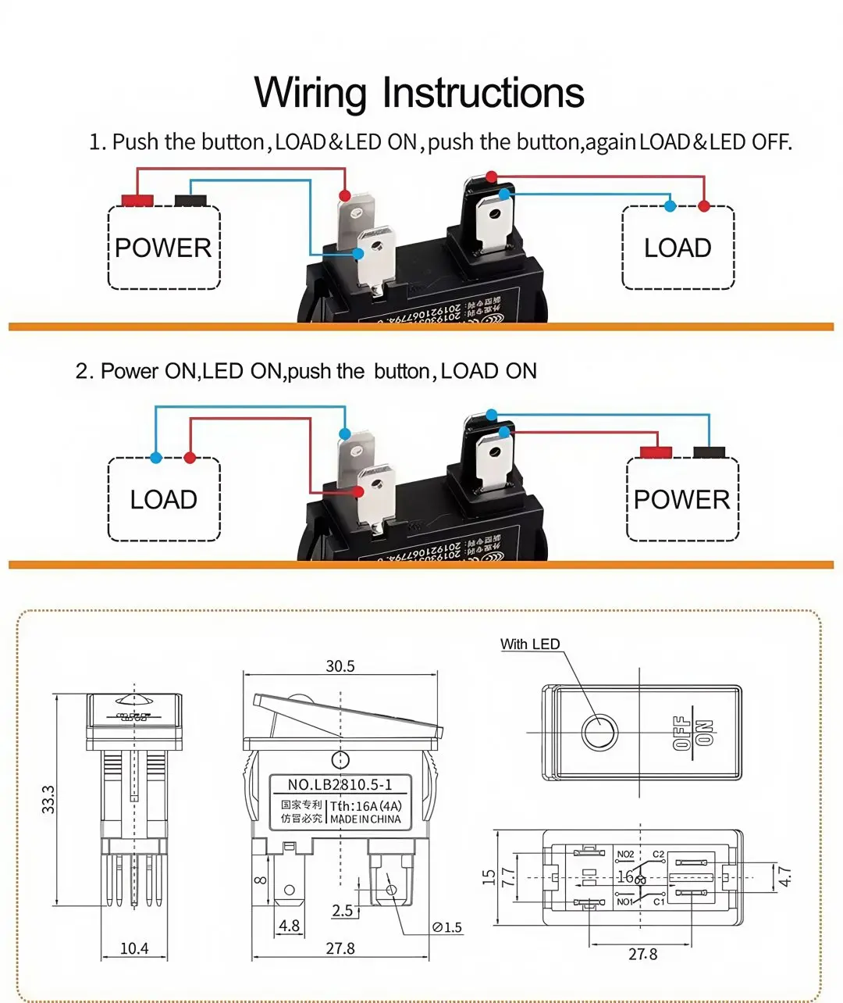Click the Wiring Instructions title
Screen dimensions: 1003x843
tap(419, 92)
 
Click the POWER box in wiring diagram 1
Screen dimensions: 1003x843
tap(163, 248)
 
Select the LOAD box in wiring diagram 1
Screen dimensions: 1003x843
tap(678, 248)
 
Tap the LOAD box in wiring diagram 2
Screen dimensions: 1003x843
tap(163, 499)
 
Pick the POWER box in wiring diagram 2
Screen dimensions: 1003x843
tap(681, 499)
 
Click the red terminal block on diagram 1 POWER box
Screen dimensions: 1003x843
tap(137, 200)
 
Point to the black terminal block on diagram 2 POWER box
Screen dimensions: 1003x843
tap(709, 452)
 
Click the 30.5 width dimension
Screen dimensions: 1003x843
tap(340, 666)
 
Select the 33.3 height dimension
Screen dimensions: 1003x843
tap(48, 799)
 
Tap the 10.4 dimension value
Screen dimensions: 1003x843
tap(133, 948)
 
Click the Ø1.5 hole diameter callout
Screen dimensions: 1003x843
tap(447, 927)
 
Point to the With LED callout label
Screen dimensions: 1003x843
tap(530, 644)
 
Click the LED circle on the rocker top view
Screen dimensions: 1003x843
tap(599, 733)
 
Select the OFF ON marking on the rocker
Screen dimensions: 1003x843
tap(692, 733)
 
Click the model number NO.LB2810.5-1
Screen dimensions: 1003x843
tap(340, 785)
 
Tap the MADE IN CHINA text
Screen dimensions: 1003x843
tap(365, 819)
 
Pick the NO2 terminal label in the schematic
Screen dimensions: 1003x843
tap(625, 855)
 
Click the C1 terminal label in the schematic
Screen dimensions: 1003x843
tap(658, 901)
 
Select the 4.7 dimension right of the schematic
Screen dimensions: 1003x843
tap(785, 876)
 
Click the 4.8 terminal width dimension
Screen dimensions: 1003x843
tap(289, 926)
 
